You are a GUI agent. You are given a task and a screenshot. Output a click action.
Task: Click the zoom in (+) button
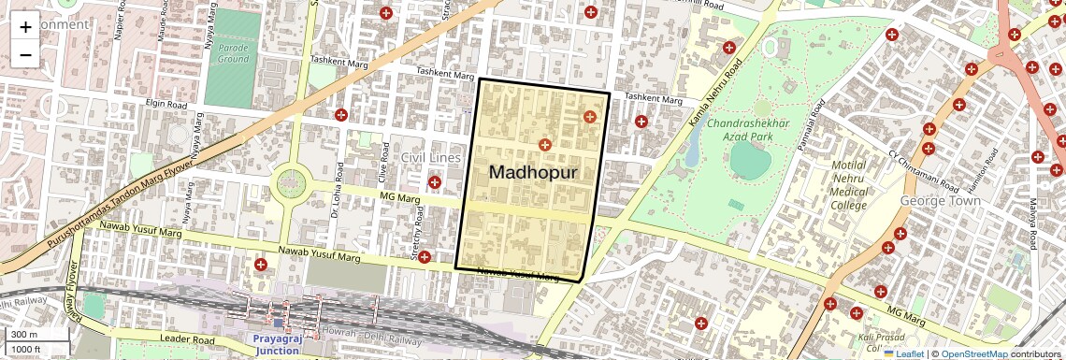point(25,27)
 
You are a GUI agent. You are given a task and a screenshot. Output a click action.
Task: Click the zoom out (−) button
point(25,55)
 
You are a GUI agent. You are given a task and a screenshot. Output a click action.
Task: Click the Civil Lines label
point(431,158)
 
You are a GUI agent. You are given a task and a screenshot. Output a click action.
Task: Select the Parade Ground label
point(233,52)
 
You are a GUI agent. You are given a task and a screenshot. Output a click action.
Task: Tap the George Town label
point(939,201)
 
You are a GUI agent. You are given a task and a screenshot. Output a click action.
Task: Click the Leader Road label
point(188,338)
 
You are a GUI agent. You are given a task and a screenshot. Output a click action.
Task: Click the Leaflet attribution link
point(903,353)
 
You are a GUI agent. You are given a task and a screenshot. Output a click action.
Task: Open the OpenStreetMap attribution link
point(974,353)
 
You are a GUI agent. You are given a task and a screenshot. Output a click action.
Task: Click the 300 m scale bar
point(37,335)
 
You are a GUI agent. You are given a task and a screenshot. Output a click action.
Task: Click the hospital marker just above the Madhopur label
point(544,145)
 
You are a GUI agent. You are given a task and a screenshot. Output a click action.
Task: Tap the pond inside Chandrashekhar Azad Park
point(750,160)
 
